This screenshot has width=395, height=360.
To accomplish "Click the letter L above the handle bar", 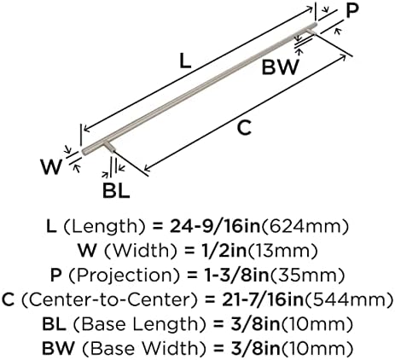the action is pyautogui.click(x=185, y=61).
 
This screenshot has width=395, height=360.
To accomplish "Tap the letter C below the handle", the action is pyautogui.click(x=244, y=128).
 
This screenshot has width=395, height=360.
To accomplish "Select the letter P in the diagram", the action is pyautogui.click(x=352, y=11).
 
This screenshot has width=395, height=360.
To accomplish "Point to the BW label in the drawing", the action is pyautogui.click(x=281, y=67).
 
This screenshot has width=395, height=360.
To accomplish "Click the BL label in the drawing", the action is pyautogui.click(x=116, y=191).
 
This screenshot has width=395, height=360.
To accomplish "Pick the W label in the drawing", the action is pyautogui.click(x=51, y=167).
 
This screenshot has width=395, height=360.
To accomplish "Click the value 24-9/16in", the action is pyautogui.click(x=215, y=227).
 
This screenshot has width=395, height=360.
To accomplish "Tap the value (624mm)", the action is pyautogui.click(x=305, y=227).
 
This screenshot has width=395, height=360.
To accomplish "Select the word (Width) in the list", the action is pyautogui.click(x=141, y=251).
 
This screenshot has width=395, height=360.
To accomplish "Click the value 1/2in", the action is pyautogui.click(x=220, y=251).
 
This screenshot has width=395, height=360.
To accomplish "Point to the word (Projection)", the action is pyautogui.click(x=125, y=276).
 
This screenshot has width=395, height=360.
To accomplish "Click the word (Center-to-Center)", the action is pyautogui.click(x=109, y=299).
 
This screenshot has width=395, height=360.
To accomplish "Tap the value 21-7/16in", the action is pyautogui.click(x=263, y=299).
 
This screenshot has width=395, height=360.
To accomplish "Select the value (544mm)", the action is pyautogui.click(x=348, y=300).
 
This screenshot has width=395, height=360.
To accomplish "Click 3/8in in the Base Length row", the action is pyautogui.click(x=255, y=324).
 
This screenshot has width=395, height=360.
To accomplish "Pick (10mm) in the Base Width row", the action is pyautogui.click(x=317, y=349).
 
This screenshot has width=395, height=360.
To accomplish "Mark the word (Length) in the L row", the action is pyautogui.click(x=104, y=227).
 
